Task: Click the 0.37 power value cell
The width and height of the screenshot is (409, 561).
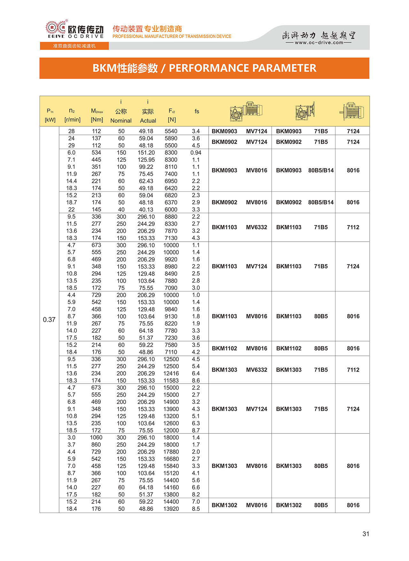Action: tap(49, 320)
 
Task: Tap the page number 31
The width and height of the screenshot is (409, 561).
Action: tap(366, 534)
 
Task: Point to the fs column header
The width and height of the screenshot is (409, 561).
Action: tap(197, 111)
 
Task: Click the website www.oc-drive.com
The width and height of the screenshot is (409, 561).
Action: tap(319, 43)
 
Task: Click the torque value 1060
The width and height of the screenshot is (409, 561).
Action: tap(96, 438)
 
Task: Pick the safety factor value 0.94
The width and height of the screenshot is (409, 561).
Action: tap(196, 153)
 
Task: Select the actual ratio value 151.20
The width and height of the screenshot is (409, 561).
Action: tap(146, 153)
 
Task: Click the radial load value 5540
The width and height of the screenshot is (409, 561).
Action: tap(171, 131)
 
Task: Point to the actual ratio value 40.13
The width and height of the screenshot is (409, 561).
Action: tap(146, 210)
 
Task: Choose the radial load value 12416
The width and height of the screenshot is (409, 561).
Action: tap(171, 373)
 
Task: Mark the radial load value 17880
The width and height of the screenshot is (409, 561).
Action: tap(171, 452)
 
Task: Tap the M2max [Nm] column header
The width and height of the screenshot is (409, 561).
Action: tap(97, 115)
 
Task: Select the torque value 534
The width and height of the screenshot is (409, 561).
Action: tap(96, 153)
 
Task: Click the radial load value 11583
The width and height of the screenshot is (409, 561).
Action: tap(171, 380)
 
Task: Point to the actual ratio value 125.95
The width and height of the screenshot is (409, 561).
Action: tap(146, 160)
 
